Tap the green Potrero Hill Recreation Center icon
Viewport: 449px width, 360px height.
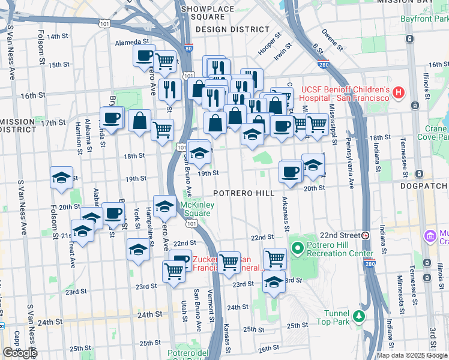tap(297, 247)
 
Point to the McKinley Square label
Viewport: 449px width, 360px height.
tap(196, 209)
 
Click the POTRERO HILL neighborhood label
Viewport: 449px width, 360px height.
tap(243, 193)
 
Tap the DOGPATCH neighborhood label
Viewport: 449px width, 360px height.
tap(425, 187)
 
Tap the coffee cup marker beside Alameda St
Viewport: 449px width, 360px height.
tap(144, 56)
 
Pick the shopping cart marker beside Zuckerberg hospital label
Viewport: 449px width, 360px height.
tap(229, 262)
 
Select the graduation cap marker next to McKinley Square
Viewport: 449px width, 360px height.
tap(164, 206)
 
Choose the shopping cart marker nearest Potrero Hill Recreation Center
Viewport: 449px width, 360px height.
tap(275, 259)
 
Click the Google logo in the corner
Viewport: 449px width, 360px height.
tap(20, 353)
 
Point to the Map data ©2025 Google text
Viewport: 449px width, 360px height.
tap(411, 355)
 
